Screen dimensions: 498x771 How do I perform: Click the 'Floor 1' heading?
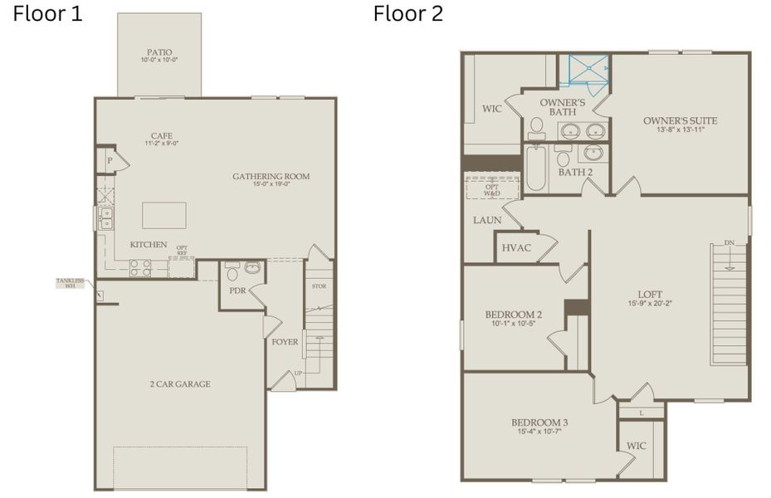pyautogui.click(x=47, y=14)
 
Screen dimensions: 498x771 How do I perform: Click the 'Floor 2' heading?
pyautogui.click(x=407, y=14)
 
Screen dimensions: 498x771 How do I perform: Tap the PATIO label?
pyautogui.click(x=159, y=51)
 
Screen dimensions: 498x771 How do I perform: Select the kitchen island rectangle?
pyautogui.click(x=163, y=215)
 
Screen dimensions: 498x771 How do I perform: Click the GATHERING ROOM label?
pyautogui.click(x=271, y=176)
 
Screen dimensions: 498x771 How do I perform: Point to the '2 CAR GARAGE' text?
pyautogui.click(x=180, y=384)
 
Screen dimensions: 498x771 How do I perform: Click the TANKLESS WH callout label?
pyautogui.click(x=71, y=284)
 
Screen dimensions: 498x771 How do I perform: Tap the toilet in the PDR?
pyautogui.click(x=232, y=272)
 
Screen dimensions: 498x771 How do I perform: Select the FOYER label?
pyautogui.click(x=285, y=342)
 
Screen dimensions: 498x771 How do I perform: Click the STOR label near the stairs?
pyautogui.click(x=319, y=286)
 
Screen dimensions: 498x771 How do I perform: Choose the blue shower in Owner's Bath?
pyautogui.click(x=583, y=71)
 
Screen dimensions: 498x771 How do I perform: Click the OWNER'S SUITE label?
pyautogui.click(x=680, y=121)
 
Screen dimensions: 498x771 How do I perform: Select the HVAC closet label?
pyautogui.click(x=515, y=247)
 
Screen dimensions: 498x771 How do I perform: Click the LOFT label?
pyautogui.click(x=650, y=294)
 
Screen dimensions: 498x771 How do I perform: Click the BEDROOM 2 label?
pyautogui.click(x=513, y=315)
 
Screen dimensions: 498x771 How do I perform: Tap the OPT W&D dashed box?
pyautogui.click(x=492, y=187)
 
